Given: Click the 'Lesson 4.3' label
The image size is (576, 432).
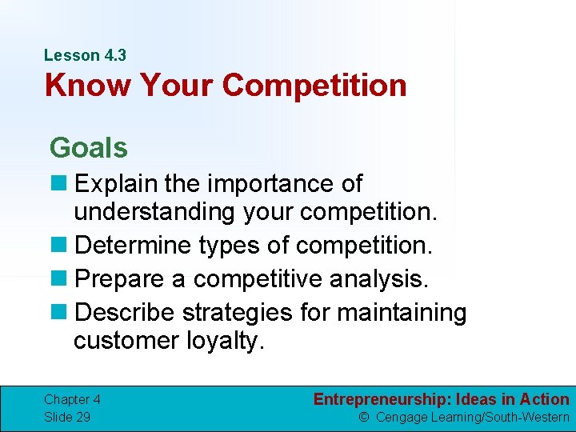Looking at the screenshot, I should pos(85,55).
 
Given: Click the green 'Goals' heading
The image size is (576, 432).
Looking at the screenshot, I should pos(88,148).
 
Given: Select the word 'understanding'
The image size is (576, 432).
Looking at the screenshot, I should pos(152,211).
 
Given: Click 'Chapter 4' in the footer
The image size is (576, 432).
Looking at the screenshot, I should pos(72,399).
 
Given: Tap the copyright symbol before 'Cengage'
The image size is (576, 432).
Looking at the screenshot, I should pos(363,417).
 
